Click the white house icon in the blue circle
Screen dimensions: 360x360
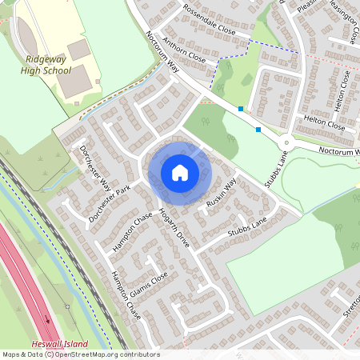click(179, 172)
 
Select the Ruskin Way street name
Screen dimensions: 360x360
click(222, 193)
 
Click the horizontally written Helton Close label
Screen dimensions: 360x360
click(324, 122)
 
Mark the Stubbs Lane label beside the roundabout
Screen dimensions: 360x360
click(278, 169)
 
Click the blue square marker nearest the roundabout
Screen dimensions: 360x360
click(258, 129)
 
